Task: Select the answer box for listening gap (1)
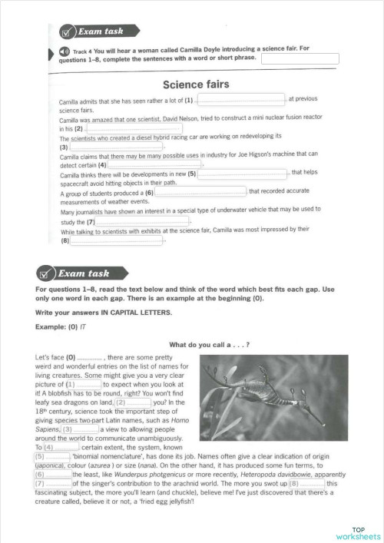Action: pos(241,99)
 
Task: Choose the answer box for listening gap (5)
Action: pos(243,174)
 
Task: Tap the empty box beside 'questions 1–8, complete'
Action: pos(300,58)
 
